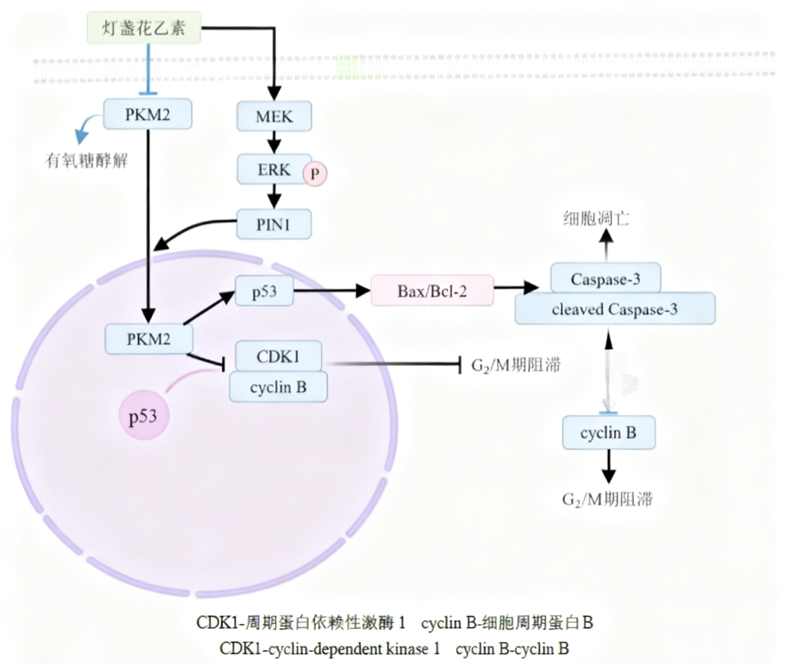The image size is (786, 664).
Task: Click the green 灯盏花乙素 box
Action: coord(144,28)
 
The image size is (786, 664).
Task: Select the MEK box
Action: coord(274,116)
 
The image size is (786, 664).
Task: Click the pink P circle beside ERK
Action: coord(315,174)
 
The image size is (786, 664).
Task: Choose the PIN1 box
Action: coord(274,224)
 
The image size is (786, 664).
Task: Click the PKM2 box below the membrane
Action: coord(147,114)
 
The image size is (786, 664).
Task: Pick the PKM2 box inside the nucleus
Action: coord(149,339)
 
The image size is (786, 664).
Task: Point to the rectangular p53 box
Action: coord(264,291)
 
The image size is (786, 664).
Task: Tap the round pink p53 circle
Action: coord(143,416)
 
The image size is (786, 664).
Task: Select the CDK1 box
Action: coord(278,356)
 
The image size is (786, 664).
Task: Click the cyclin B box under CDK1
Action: coord(278,387)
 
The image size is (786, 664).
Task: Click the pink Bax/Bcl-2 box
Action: coord(432,291)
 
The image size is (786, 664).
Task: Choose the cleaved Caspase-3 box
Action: coord(615,309)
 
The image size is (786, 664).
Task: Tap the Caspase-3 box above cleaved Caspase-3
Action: coord(605,278)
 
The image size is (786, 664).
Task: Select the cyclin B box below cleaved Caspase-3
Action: coord(608,433)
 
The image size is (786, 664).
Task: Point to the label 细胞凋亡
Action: coord(596,219)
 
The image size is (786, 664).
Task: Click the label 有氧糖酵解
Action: coord(87,161)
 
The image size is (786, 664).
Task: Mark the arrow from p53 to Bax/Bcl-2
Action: coord(331,290)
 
